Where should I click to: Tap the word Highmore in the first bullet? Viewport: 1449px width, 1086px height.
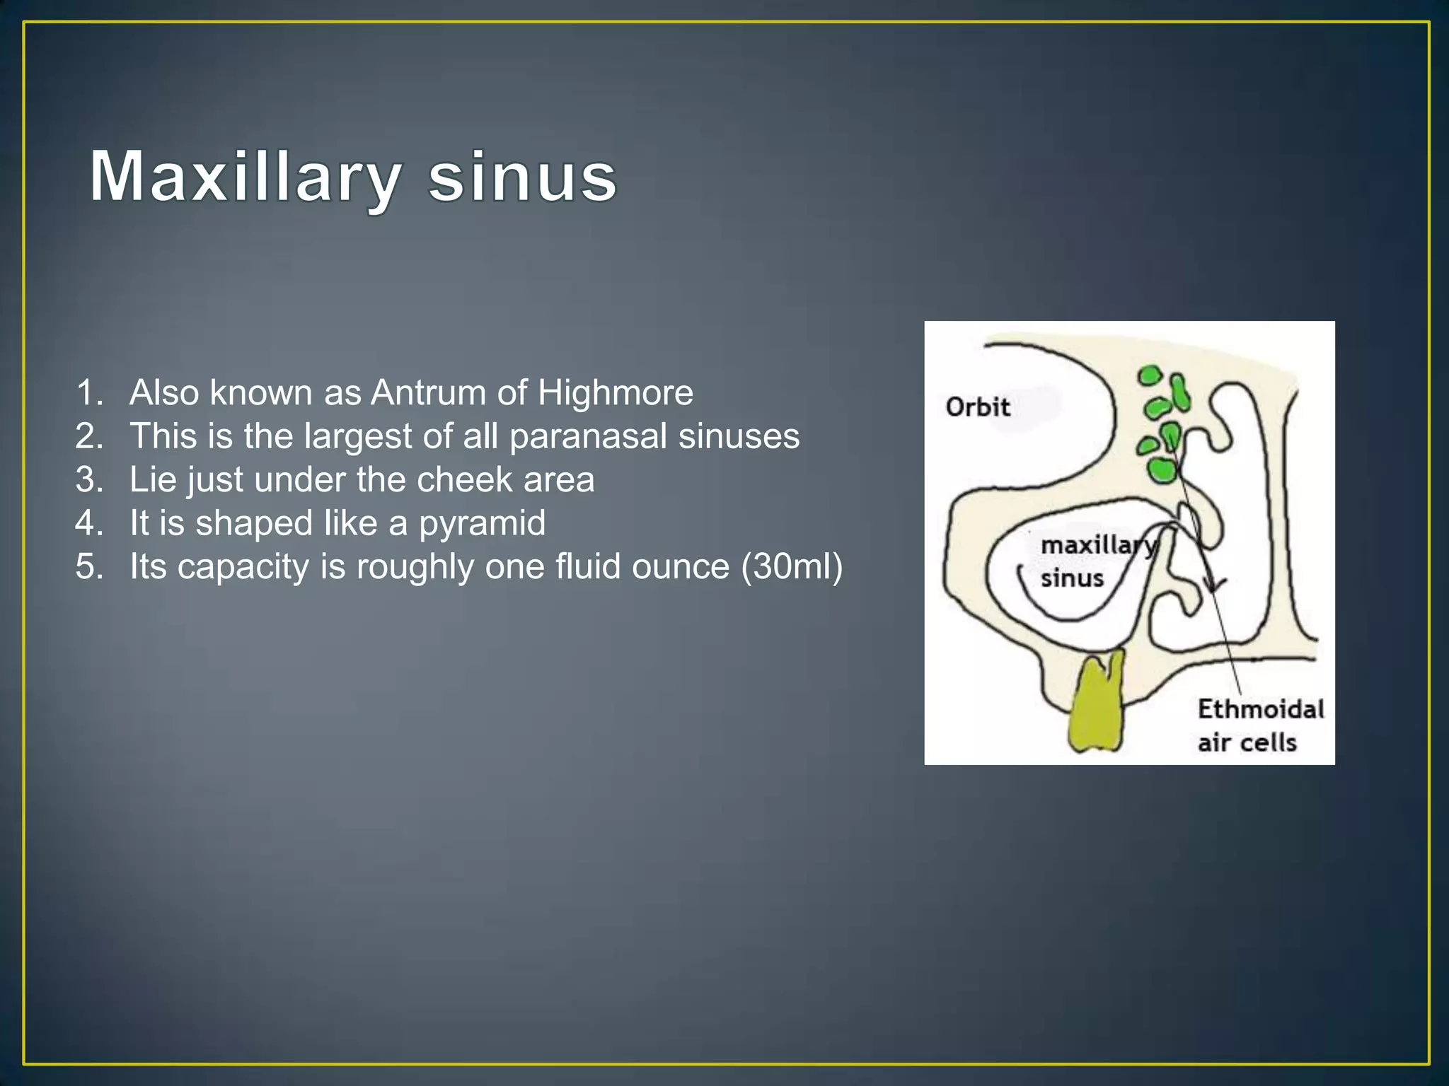point(615,392)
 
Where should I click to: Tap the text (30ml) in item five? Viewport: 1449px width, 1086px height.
point(792,567)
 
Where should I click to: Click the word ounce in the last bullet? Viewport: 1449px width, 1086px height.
point(680,567)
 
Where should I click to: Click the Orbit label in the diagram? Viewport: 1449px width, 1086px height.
point(978,407)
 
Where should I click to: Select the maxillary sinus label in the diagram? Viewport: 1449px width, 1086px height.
point(1090,561)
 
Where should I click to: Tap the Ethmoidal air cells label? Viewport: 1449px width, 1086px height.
point(1259,725)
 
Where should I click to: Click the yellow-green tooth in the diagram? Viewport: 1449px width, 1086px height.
point(1096,707)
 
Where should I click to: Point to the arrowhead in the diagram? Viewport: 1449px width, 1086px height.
point(1214,585)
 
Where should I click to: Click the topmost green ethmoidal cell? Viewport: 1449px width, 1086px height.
point(1150,375)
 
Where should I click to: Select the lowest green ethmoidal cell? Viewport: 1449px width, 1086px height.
point(1161,469)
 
